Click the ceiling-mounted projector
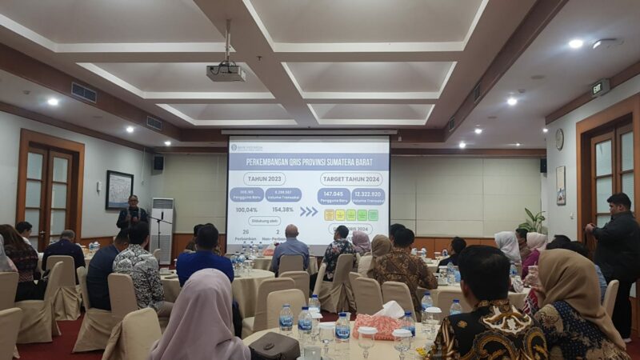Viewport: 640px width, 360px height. coord(226,73)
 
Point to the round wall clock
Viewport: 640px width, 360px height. coord(559,139)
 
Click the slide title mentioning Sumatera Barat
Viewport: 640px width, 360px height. coord(308,161)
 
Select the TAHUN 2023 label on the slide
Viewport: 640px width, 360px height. coord(265,178)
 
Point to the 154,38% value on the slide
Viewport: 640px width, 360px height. coord(284,210)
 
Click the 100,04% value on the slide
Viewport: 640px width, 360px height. coord(246,210)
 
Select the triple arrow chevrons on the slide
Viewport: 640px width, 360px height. coord(308,212)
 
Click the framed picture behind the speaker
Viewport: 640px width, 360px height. coord(119,190)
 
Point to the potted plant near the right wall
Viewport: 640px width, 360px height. coord(533,221)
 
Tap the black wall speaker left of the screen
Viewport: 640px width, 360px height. coord(158,162)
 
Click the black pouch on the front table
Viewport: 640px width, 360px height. coord(274,346)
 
